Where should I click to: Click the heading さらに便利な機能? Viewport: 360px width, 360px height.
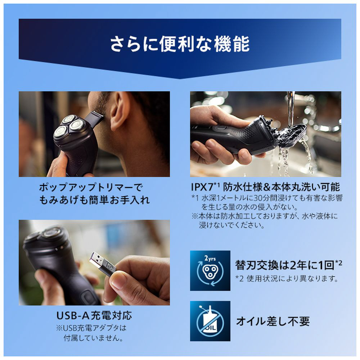[x=180, y=44]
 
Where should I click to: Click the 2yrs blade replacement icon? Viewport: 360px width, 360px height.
[x=210, y=270]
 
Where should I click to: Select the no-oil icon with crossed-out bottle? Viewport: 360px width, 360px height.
[x=210, y=321]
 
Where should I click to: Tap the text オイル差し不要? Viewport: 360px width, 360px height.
[x=273, y=321]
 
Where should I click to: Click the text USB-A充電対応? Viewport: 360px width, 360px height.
[x=94, y=316]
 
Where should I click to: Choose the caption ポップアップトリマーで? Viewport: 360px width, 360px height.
[x=91, y=187]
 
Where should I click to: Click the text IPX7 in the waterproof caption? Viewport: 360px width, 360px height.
[x=202, y=188]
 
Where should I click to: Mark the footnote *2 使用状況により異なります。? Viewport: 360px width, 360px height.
[x=287, y=279]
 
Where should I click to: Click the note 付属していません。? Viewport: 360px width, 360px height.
[x=93, y=338]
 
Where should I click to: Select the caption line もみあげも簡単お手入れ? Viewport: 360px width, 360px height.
[x=94, y=200]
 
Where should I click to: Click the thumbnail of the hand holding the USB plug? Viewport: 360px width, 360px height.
[x=94, y=263]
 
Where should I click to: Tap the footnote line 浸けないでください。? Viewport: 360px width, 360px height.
[x=232, y=225]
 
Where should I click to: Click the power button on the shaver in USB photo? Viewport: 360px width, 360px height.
[x=89, y=296]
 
